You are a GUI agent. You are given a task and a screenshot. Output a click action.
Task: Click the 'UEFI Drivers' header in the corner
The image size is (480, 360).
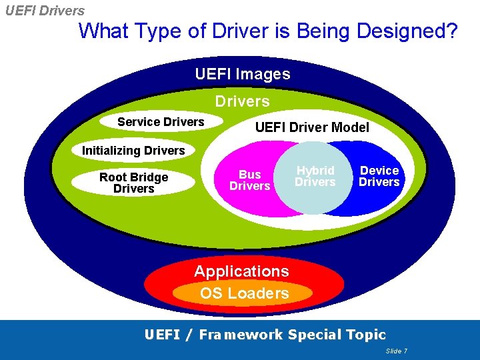44,11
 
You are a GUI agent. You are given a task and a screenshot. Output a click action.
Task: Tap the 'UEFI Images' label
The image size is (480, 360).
243,74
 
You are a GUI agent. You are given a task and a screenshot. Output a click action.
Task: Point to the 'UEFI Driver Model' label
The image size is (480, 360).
312,127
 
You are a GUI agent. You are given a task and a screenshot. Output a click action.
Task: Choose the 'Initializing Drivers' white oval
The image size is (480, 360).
133,151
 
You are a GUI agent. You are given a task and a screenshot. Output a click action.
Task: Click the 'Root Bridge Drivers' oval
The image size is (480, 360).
133,183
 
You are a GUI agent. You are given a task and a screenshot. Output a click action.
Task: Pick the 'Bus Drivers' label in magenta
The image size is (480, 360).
249,180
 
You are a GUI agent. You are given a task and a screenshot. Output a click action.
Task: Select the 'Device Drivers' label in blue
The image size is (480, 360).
379,177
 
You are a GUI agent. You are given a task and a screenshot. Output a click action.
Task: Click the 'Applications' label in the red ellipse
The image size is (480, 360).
241,271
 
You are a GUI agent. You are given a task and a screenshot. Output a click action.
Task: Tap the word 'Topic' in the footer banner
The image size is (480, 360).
366,335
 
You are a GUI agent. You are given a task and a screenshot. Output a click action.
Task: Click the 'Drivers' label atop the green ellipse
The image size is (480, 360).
242,101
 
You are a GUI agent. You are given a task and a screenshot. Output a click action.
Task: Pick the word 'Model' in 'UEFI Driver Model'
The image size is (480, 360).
349,127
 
